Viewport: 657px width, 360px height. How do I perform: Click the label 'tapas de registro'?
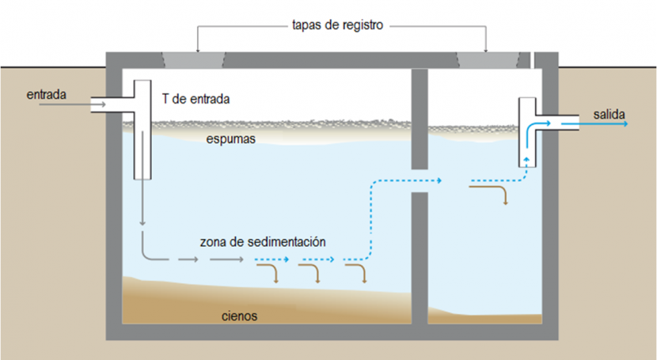coord(337,25)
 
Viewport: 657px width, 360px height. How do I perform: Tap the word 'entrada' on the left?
coord(46,95)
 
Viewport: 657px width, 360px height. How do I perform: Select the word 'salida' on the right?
coord(610,116)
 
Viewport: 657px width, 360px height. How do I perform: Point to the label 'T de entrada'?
coord(201,100)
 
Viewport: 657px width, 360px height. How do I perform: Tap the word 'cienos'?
coord(239,316)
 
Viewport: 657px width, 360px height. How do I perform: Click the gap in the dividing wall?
coord(420,180)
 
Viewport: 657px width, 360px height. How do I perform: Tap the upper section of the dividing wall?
coord(420,119)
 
